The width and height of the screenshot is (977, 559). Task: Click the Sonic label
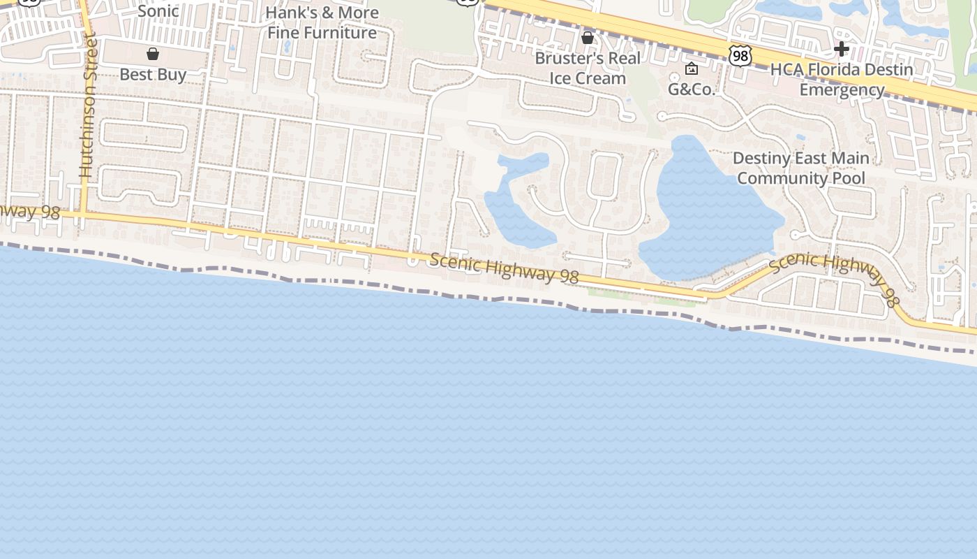coord(158,11)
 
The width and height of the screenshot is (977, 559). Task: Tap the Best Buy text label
coord(153,74)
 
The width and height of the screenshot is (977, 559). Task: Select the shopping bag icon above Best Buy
coord(153,54)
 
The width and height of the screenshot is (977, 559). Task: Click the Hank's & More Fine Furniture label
coord(322,22)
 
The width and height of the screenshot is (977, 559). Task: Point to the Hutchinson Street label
coord(87,105)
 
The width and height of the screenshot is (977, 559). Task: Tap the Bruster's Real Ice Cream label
coord(588,68)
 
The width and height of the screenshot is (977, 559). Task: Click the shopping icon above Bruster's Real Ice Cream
coord(588,37)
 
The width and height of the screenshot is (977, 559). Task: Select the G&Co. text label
coord(692,89)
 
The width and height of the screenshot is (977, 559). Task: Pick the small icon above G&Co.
coord(692,68)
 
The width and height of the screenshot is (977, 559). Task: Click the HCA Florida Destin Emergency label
coord(842,80)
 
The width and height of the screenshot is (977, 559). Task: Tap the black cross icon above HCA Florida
coord(842,49)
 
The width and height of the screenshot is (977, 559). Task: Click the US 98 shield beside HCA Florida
coord(740,56)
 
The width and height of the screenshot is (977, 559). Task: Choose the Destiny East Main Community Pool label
coord(801,168)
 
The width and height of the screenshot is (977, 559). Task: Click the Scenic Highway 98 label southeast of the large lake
coord(834,275)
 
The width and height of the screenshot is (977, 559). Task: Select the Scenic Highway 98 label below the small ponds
coord(504,268)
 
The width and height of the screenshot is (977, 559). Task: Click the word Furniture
coord(342,33)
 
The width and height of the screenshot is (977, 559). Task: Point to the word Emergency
coord(842,90)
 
